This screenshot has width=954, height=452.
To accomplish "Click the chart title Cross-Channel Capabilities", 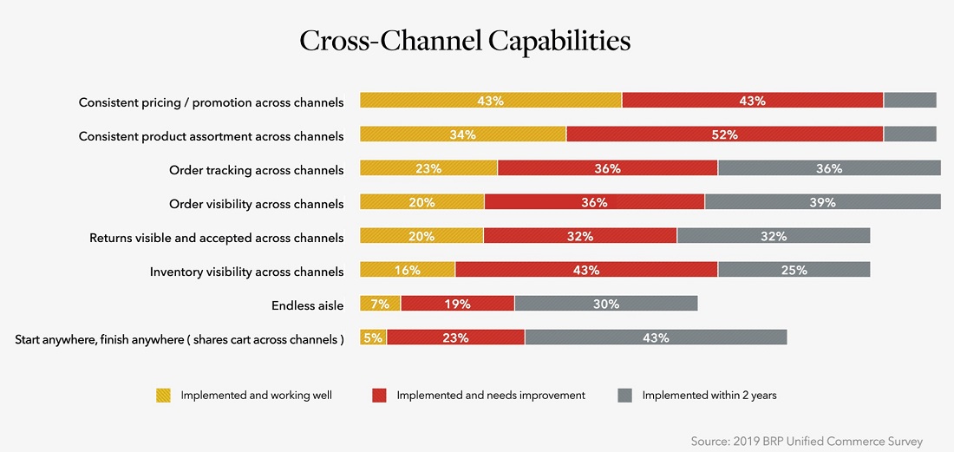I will pyautogui.click(x=465, y=42).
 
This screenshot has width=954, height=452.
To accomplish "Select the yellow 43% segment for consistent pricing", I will pyautogui.click(x=491, y=101).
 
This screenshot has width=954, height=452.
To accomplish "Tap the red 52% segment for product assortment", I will pyautogui.click(x=724, y=134).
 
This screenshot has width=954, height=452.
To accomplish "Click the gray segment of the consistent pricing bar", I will pyautogui.click(x=910, y=101).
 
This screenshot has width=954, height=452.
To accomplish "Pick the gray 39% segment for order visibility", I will pyautogui.click(x=822, y=202).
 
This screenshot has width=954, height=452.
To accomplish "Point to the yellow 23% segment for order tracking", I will pyautogui.click(x=428, y=168).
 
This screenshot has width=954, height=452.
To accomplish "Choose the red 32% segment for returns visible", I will pyautogui.click(x=579, y=236).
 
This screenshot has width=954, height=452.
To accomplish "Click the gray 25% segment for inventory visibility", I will pyautogui.click(x=794, y=270).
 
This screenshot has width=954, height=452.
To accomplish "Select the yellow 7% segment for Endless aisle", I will pyautogui.click(x=380, y=304).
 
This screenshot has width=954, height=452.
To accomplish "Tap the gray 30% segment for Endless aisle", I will pyautogui.click(x=605, y=304).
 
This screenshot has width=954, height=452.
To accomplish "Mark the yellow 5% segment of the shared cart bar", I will pyautogui.click(x=373, y=337).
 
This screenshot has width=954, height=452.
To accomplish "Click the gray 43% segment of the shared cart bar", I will pyautogui.click(x=656, y=337).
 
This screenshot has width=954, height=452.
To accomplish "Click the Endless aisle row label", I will pyautogui.click(x=307, y=305).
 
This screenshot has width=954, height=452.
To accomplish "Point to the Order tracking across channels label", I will pyautogui.click(x=256, y=170).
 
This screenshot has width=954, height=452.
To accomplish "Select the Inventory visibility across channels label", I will pyautogui.click(x=246, y=272).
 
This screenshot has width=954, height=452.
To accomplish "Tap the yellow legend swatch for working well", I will pyautogui.click(x=163, y=396).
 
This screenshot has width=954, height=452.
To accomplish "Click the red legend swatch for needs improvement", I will pyautogui.click(x=379, y=396).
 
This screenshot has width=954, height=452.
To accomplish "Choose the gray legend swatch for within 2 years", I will pyautogui.click(x=624, y=396).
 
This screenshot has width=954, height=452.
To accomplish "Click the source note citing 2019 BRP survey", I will pyautogui.click(x=807, y=441).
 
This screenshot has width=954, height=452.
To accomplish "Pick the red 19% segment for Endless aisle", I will pyautogui.click(x=457, y=304).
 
